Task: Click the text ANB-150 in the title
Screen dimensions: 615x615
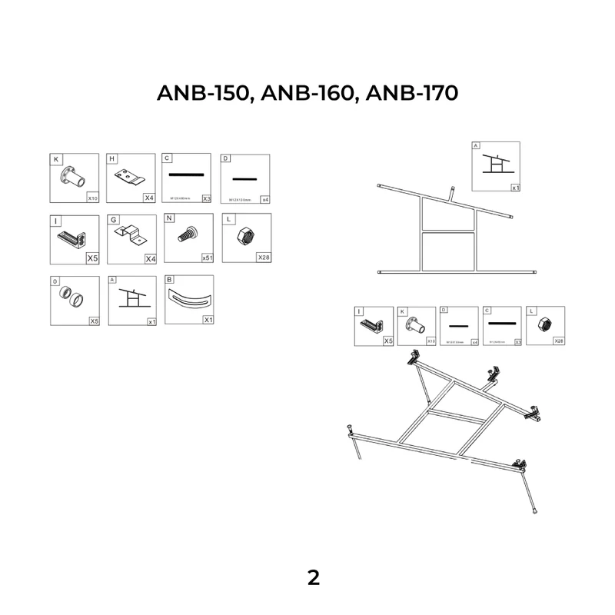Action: (204, 93)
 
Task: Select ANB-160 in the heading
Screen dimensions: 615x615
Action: (307, 93)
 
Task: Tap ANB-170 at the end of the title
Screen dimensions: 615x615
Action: (412, 93)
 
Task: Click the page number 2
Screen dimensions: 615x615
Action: (313, 578)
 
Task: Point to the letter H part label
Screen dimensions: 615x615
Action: (112, 160)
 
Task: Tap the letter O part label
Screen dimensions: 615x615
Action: (56, 281)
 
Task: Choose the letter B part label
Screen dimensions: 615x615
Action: (169, 281)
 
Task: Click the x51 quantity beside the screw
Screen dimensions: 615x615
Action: (207, 258)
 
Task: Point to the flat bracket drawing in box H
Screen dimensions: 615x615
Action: (130, 178)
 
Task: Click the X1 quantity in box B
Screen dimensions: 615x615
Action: (208, 319)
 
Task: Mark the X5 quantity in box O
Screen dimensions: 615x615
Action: (94, 321)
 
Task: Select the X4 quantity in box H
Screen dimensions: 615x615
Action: (149, 198)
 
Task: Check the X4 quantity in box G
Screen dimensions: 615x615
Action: (149, 258)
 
